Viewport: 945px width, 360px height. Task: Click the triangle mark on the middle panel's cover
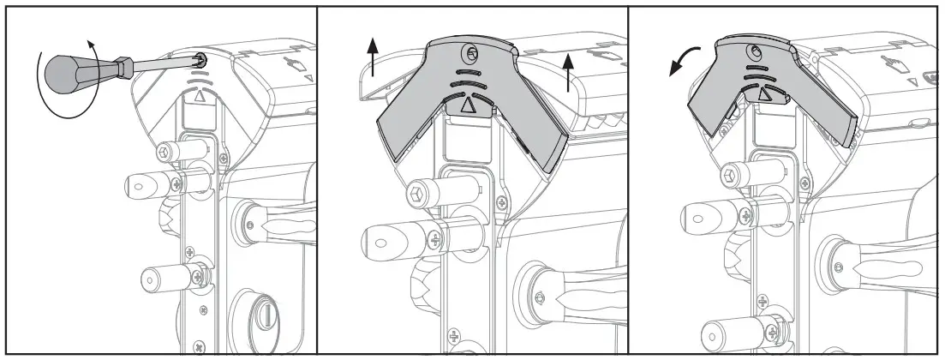coord(468,106)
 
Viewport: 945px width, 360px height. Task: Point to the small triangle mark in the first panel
coord(200,97)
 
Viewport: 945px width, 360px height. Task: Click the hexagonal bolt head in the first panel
coord(164,152)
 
